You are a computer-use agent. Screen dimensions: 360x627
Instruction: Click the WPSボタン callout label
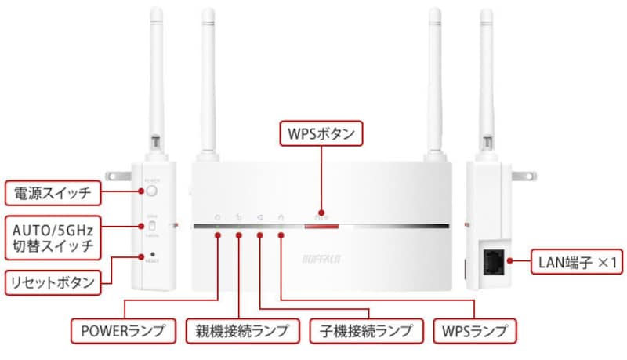[321, 134]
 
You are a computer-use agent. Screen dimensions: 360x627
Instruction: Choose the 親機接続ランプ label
[237, 330]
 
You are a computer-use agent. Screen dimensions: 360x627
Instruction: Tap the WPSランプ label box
[474, 330]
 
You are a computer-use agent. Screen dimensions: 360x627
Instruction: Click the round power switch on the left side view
[152, 190]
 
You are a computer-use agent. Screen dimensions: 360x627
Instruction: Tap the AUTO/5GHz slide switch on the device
[154, 227]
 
